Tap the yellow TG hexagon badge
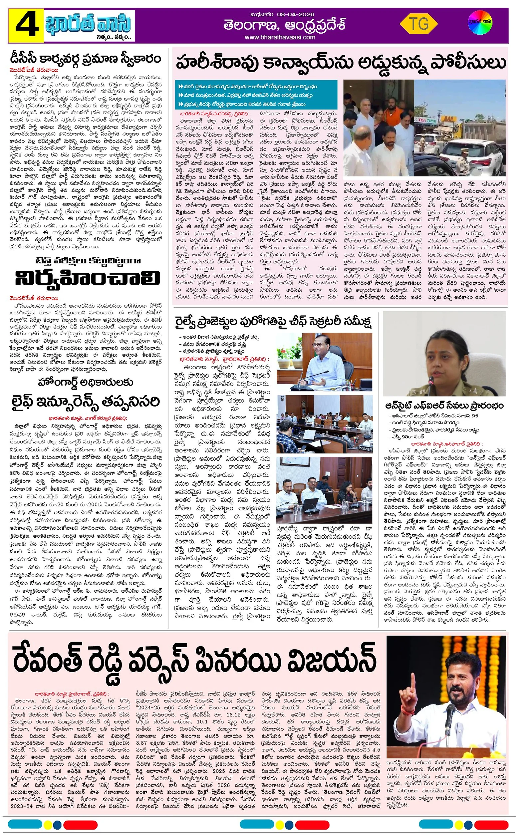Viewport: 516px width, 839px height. click(418, 24)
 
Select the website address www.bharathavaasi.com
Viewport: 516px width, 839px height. click(284, 37)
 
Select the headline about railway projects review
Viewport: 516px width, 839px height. click(273, 322)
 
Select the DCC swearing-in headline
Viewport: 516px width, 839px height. click(85, 59)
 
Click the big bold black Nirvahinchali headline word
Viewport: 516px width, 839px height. click(87, 278)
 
